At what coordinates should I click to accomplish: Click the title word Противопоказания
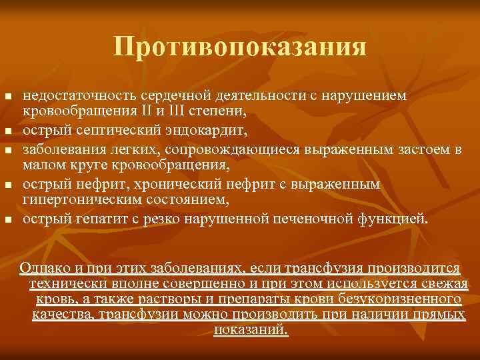coord(239,47)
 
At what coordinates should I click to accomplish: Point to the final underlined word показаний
coord(251,329)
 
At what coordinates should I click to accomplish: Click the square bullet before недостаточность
coord(8,97)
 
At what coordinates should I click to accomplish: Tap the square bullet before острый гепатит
coord(8,219)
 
